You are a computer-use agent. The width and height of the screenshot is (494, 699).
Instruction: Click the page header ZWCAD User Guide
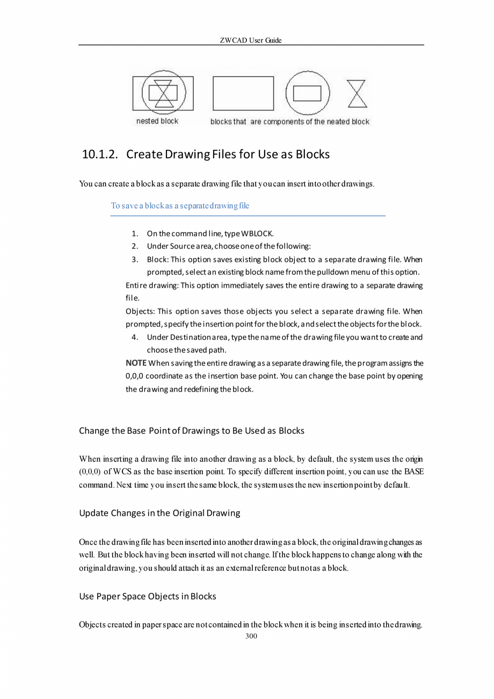click(251, 40)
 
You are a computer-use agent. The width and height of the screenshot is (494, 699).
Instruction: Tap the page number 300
click(251, 636)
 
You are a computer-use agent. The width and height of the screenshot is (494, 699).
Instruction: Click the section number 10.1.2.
click(100, 155)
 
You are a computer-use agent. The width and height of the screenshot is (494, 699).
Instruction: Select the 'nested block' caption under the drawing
click(157, 122)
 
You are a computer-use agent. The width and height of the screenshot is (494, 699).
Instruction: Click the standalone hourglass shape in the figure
click(357, 94)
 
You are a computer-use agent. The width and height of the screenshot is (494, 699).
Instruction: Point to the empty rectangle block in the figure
click(243, 93)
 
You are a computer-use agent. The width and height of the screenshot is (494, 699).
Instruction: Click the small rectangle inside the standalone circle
click(307, 94)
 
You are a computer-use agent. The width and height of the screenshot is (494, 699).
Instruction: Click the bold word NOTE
click(136, 363)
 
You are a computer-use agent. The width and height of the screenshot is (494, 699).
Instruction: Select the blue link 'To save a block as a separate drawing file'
click(180, 206)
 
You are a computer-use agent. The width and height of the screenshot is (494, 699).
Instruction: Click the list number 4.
click(135, 337)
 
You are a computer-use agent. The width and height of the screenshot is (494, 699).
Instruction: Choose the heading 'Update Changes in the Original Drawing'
click(159, 513)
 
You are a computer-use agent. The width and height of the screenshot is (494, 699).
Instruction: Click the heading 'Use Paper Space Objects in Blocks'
click(148, 596)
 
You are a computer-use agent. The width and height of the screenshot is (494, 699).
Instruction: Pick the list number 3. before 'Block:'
click(135, 259)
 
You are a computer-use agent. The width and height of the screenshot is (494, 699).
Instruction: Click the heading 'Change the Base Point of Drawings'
click(192, 431)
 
